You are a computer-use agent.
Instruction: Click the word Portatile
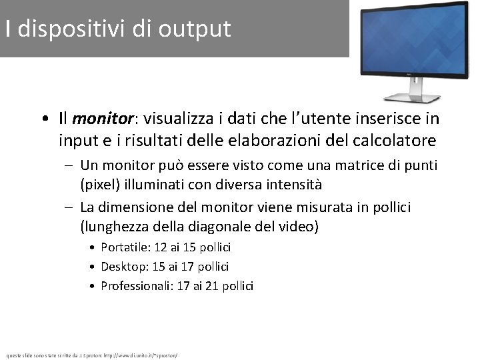(123, 247)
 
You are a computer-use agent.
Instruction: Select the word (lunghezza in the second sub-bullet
(109, 227)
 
